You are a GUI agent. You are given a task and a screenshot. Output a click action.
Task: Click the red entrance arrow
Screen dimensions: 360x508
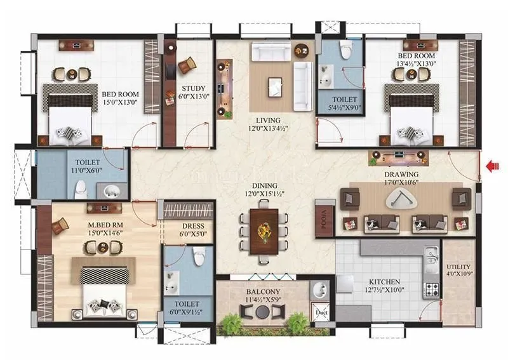coord(490,166)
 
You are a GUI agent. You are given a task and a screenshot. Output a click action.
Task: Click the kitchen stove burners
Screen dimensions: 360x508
coord(432,290)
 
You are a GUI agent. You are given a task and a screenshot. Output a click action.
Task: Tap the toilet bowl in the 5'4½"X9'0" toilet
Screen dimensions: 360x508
coord(345,51)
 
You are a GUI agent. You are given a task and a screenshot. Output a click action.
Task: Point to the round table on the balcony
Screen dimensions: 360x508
coord(262,312)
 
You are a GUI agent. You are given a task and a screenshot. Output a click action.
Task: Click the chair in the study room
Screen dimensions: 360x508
coord(187,65)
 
